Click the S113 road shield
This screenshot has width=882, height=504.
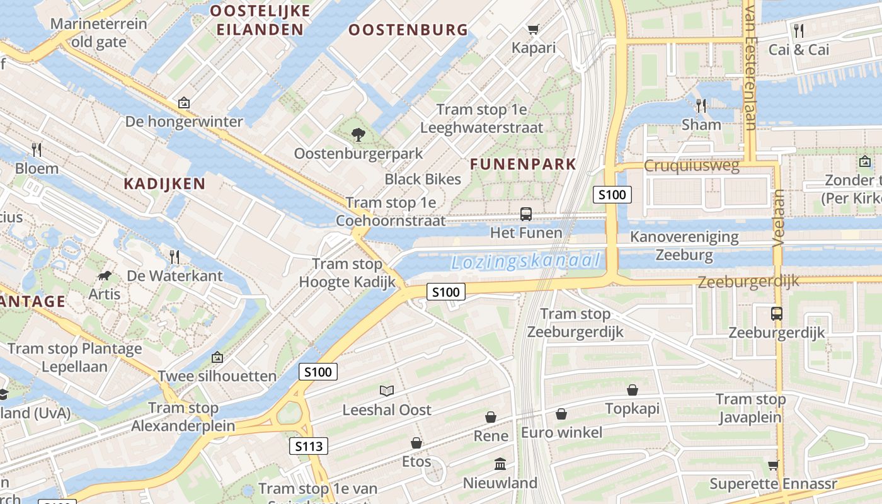pos(309,447)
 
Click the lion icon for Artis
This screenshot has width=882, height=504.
pos(105,276)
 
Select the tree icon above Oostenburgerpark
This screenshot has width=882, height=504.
pos(358,134)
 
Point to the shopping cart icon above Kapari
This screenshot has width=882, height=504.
pos(533,29)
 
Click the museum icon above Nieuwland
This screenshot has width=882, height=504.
pos(500,464)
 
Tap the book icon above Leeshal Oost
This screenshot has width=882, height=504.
pos(386,391)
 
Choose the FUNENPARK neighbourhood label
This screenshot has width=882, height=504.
pos(523,164)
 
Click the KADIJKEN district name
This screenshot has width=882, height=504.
pos(164,184)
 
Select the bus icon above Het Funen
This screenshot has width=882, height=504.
pos(525,214)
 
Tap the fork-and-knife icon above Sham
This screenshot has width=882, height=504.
pos(701,105)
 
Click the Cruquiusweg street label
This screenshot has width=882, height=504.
pos(691,166)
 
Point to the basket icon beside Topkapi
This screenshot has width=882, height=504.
pos(632,391)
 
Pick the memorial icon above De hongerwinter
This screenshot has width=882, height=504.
pos(183,102)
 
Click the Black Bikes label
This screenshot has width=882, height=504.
pos(423,179)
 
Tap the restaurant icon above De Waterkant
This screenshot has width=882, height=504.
pos(175,256)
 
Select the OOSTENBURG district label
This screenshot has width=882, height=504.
pos(408,30)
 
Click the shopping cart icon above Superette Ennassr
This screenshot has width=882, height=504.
pos(773,465)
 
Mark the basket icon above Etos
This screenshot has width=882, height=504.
pos(416,443)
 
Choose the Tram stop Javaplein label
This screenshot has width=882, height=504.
pos(750,408)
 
